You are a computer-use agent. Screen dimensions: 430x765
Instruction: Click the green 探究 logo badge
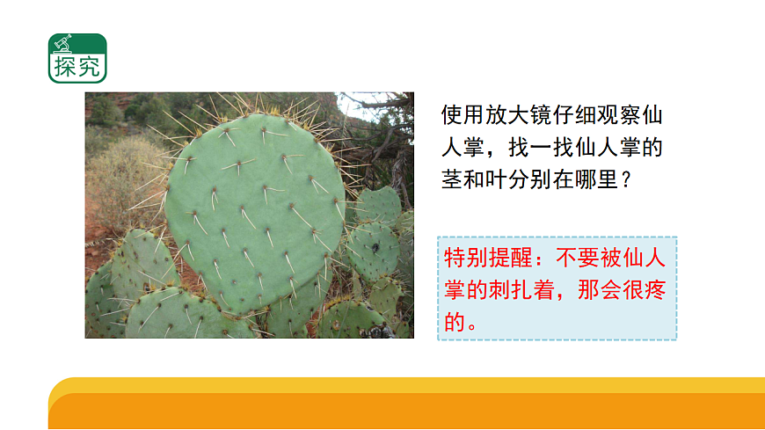pos(77,58)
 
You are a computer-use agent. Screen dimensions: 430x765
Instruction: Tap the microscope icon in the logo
pos(63,43)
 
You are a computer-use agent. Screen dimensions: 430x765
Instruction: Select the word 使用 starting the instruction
pos(463,115)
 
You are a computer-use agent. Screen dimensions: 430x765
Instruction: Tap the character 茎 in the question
pos(453,179)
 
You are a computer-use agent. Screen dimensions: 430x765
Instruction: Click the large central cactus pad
pos(255,211)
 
